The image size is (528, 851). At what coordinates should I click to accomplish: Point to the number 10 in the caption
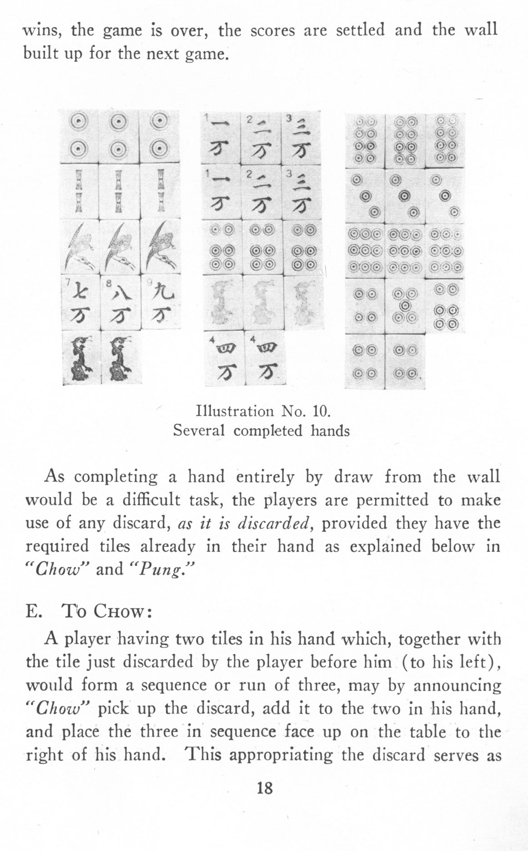pos(319,411)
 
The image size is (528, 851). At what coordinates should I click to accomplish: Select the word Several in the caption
pos(199,430)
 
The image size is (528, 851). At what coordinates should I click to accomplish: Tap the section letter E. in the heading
pos(34,611)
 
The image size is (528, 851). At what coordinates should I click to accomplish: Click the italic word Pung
pos(162,569)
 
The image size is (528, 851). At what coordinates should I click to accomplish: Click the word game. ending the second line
pos(206,55)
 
